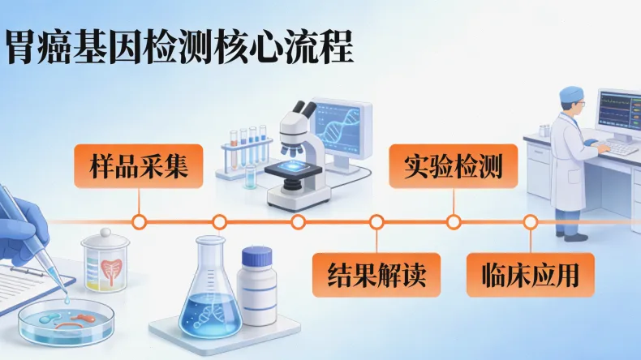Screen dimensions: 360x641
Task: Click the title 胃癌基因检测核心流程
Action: [x=179, y=47]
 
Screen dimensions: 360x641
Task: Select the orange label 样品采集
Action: [x=140, y=167]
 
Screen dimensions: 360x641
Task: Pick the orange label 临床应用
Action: [x=530, y=274]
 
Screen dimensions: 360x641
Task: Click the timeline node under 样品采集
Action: [x=140, y=221]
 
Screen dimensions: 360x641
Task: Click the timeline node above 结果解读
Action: [x=376, y=221]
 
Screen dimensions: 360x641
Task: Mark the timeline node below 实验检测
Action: [x=454, y=221]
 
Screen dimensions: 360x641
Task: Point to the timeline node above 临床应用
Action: [x=530, y=221]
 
